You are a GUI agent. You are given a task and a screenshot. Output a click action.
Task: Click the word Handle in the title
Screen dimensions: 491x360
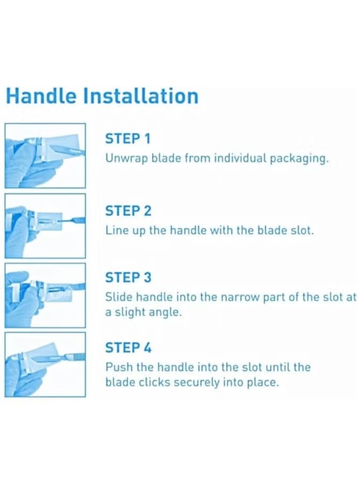[41, 96]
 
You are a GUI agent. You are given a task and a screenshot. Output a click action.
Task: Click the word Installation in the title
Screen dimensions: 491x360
[141, 96]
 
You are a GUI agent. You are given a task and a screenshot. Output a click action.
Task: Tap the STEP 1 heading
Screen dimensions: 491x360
[128, 138]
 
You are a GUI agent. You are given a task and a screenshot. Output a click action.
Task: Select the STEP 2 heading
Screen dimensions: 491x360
[128, 210]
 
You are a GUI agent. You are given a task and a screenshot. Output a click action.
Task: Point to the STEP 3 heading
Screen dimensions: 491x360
[128, 277]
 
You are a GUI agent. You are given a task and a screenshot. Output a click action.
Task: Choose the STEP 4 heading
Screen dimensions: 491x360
[128, 348]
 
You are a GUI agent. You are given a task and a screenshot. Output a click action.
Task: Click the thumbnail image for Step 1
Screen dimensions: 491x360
[45, 156]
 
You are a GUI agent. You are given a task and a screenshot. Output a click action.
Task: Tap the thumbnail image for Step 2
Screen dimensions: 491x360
[45, 226]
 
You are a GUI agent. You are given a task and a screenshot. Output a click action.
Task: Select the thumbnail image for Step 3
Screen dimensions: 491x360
[45, 295]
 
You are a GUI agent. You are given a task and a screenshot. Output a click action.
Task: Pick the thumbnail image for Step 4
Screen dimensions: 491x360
[45, 364]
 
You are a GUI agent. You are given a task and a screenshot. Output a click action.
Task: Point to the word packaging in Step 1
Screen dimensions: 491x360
[301, 159]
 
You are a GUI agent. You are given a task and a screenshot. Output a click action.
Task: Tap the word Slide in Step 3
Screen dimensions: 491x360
[116, 297]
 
